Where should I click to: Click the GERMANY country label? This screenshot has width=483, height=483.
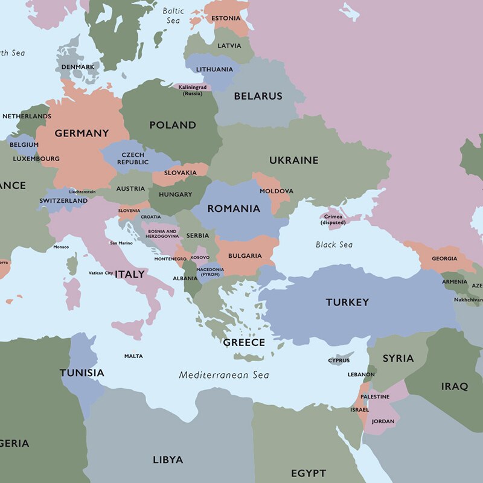point(82,133)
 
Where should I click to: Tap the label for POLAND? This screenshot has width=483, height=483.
point(173,125)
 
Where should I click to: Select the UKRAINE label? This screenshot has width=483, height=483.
point(293,160)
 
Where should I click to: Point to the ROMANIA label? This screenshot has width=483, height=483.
point(234,209)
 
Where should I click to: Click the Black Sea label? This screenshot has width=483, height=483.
point(334,245)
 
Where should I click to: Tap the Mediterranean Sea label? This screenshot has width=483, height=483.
point(223,375)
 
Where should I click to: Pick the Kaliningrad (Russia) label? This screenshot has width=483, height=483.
point(192,91)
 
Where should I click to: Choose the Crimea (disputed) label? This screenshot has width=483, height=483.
point(333,220)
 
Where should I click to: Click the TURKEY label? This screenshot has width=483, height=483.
point(347,302)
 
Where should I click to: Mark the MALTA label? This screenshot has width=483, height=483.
point(133,356)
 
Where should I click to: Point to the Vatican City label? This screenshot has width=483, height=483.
point(100,273)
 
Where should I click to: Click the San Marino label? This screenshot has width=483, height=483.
point(121,243)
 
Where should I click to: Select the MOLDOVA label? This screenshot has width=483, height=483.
point(277,191)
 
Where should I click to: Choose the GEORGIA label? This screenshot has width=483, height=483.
point(444,258)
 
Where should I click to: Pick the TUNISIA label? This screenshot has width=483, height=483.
point(82,373)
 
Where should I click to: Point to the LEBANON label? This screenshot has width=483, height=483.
point(361,374)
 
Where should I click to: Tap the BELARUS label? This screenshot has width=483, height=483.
point(258,96)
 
